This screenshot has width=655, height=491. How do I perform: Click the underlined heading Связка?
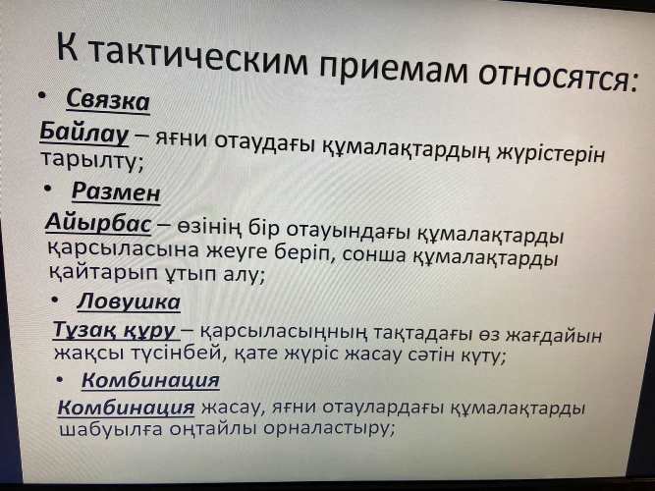108,101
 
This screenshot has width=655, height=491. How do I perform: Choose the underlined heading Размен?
116,192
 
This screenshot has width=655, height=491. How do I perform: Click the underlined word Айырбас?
98,222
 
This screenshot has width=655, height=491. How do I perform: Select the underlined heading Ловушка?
129,301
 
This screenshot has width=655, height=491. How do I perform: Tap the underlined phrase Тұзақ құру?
114,331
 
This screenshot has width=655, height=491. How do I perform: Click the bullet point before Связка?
42,96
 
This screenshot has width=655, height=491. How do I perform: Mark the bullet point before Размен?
49,190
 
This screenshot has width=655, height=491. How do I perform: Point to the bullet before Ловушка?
55,300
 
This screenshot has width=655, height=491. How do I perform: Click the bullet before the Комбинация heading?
60,379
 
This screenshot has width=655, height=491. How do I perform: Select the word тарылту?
91,161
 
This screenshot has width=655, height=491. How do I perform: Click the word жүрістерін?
550,154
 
